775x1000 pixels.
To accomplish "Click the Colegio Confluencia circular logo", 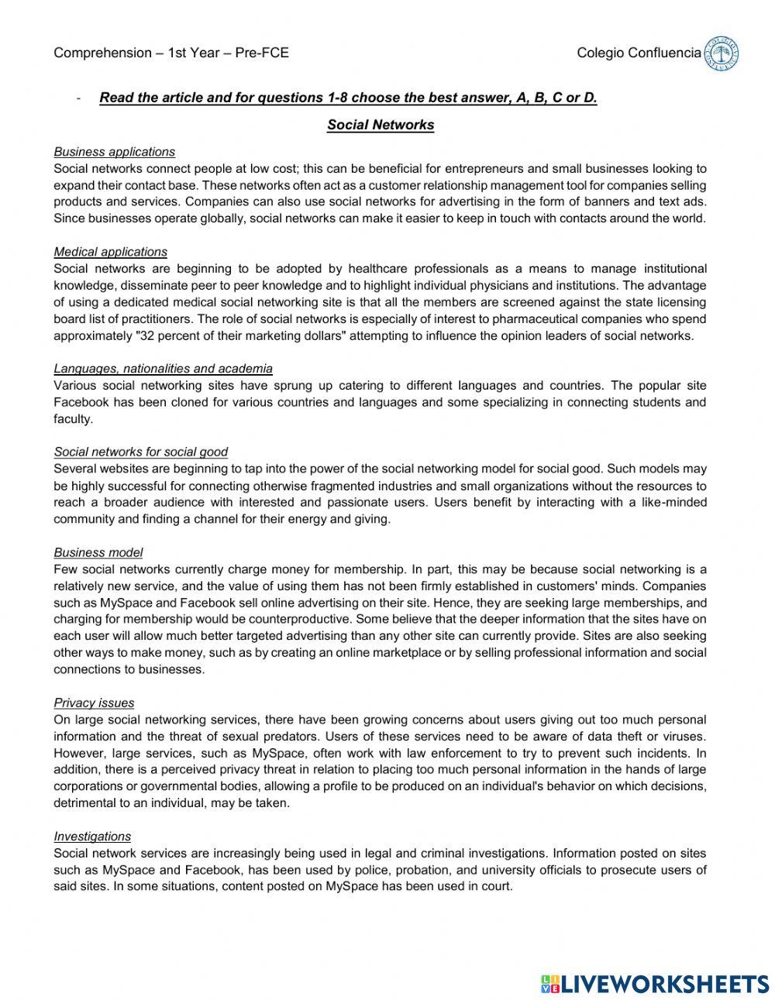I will tap(721, 53).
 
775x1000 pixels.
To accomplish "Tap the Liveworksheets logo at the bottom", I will tap(655, 984).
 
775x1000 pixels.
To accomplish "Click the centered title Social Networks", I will tap(381, 125).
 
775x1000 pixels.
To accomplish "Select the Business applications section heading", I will tap(114, 152).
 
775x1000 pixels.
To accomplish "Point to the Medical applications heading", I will tap(110, 252).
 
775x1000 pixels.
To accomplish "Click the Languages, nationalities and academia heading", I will tap(163, 369).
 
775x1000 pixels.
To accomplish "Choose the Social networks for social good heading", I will tap(140, 452).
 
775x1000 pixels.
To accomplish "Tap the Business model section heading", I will tap(98, 552).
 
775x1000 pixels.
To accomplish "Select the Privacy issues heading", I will tap(94, 703).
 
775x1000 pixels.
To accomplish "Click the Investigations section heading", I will tap(92, 837).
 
